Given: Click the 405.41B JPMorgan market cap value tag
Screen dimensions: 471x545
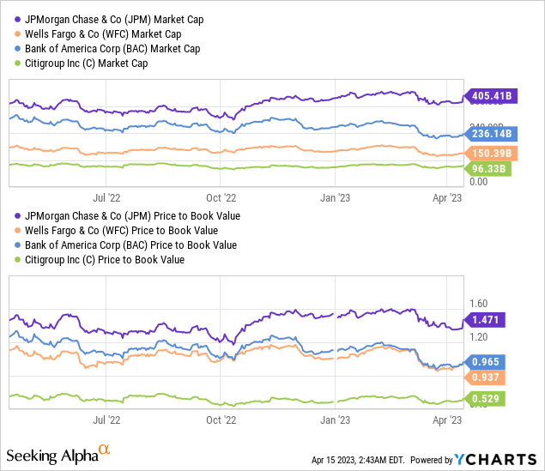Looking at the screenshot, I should tap(490, 97).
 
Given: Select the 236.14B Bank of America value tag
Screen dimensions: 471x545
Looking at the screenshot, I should tap(490, 134).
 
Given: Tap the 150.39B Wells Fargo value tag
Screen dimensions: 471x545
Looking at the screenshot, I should tap(490, 152).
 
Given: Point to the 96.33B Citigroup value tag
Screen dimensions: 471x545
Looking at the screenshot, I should tap(490, 169).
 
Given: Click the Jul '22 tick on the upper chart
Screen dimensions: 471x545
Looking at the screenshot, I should tap(106, 183).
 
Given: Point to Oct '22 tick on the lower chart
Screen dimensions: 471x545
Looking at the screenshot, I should tap(221, 420).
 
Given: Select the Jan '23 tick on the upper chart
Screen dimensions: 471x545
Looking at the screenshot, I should tap(335, 183).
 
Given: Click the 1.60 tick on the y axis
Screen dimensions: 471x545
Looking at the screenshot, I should tap(477, 303).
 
